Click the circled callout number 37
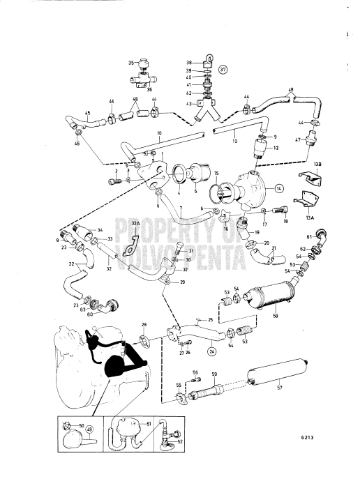(x=223, y=70)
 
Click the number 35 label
(x=131, y=63)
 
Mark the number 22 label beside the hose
(x=53, y=264)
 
